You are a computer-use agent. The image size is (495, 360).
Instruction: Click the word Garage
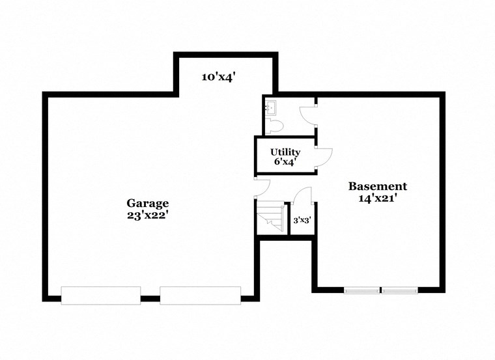click(x=148, y=203)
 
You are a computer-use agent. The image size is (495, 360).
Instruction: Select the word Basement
click(x=378, y=186)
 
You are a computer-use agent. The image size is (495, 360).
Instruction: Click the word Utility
click(x=285, y=152)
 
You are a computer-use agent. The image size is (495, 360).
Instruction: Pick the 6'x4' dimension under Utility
click(x=285, y=161)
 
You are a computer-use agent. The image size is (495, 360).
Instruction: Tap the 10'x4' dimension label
click(x=218, y=77)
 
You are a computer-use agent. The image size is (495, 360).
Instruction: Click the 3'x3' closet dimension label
click(x=302, y=221)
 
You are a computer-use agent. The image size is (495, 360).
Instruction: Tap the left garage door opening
click(x=101, y=295)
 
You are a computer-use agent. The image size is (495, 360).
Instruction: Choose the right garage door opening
click(x=200, y=295)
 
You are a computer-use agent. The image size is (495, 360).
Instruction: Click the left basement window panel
click(x=362, y=289)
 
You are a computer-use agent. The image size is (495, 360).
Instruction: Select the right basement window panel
click(x=399, y=289)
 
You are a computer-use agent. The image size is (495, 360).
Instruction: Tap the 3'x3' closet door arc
click(x=302, y=195)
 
